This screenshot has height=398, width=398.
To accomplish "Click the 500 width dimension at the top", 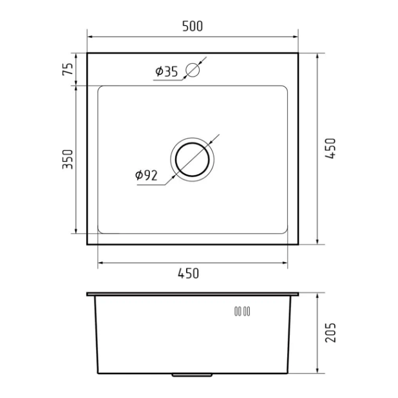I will (192, 26).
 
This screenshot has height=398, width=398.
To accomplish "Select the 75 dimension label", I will (68, 68).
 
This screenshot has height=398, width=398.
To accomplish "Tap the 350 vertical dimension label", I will (68, 158).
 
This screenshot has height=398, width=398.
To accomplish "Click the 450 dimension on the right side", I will (330, 149).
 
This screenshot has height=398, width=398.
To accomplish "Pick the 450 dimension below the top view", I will (188, 273).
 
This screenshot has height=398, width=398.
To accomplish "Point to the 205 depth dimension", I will (330, 332).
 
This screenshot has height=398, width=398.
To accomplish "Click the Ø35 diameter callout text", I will (166, 71).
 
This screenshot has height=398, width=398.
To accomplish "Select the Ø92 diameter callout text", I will (147, 175).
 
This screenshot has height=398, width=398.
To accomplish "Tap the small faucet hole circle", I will (193, 70).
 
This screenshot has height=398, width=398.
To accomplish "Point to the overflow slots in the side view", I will (242, 312).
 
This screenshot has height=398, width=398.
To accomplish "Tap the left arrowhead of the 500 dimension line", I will (90, 37).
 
